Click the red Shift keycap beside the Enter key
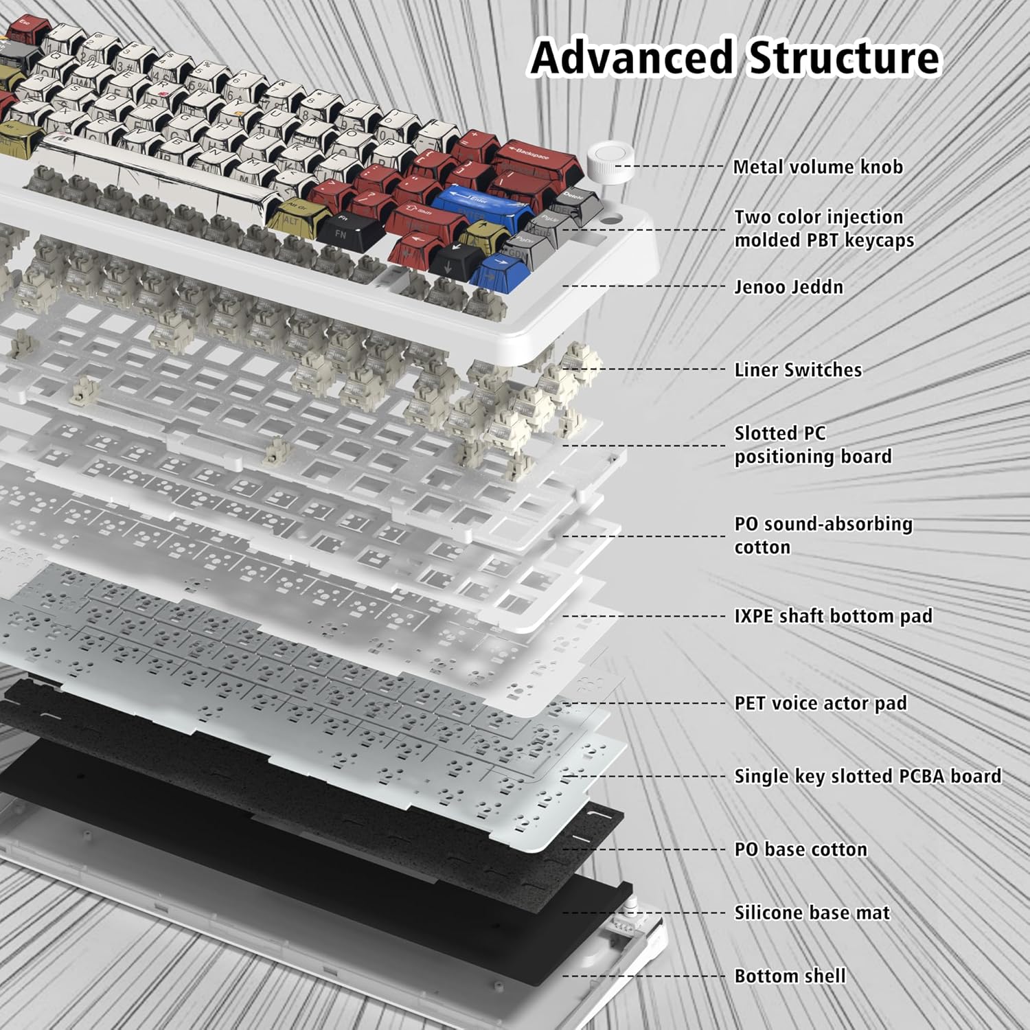tap(422, 216)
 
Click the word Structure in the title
tap(843, 57)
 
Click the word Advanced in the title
tap(632, 57)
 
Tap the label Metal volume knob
tap(817, 167)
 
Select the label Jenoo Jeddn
tap(788, 286)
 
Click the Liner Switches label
tap(797, 369)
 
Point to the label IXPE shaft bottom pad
tap(833, 616)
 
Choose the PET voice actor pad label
tap(820, 703)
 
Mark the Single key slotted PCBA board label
tap(867, 776)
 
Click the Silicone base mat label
tap(812, 913)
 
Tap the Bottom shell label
tap(790, 976)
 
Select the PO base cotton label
tap(801, 849)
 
